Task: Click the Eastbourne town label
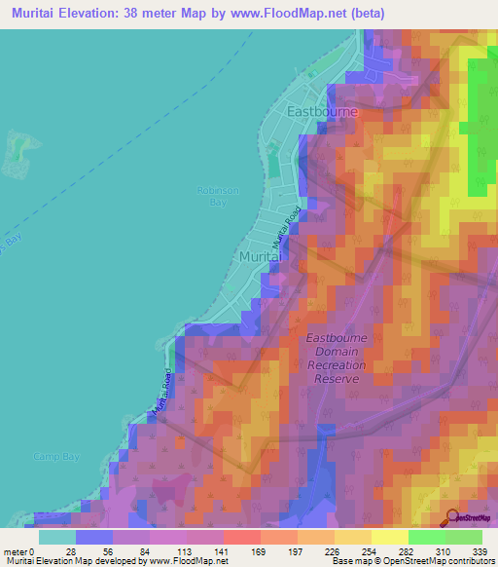323,112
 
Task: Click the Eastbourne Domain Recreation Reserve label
337,358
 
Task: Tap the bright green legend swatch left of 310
427,537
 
